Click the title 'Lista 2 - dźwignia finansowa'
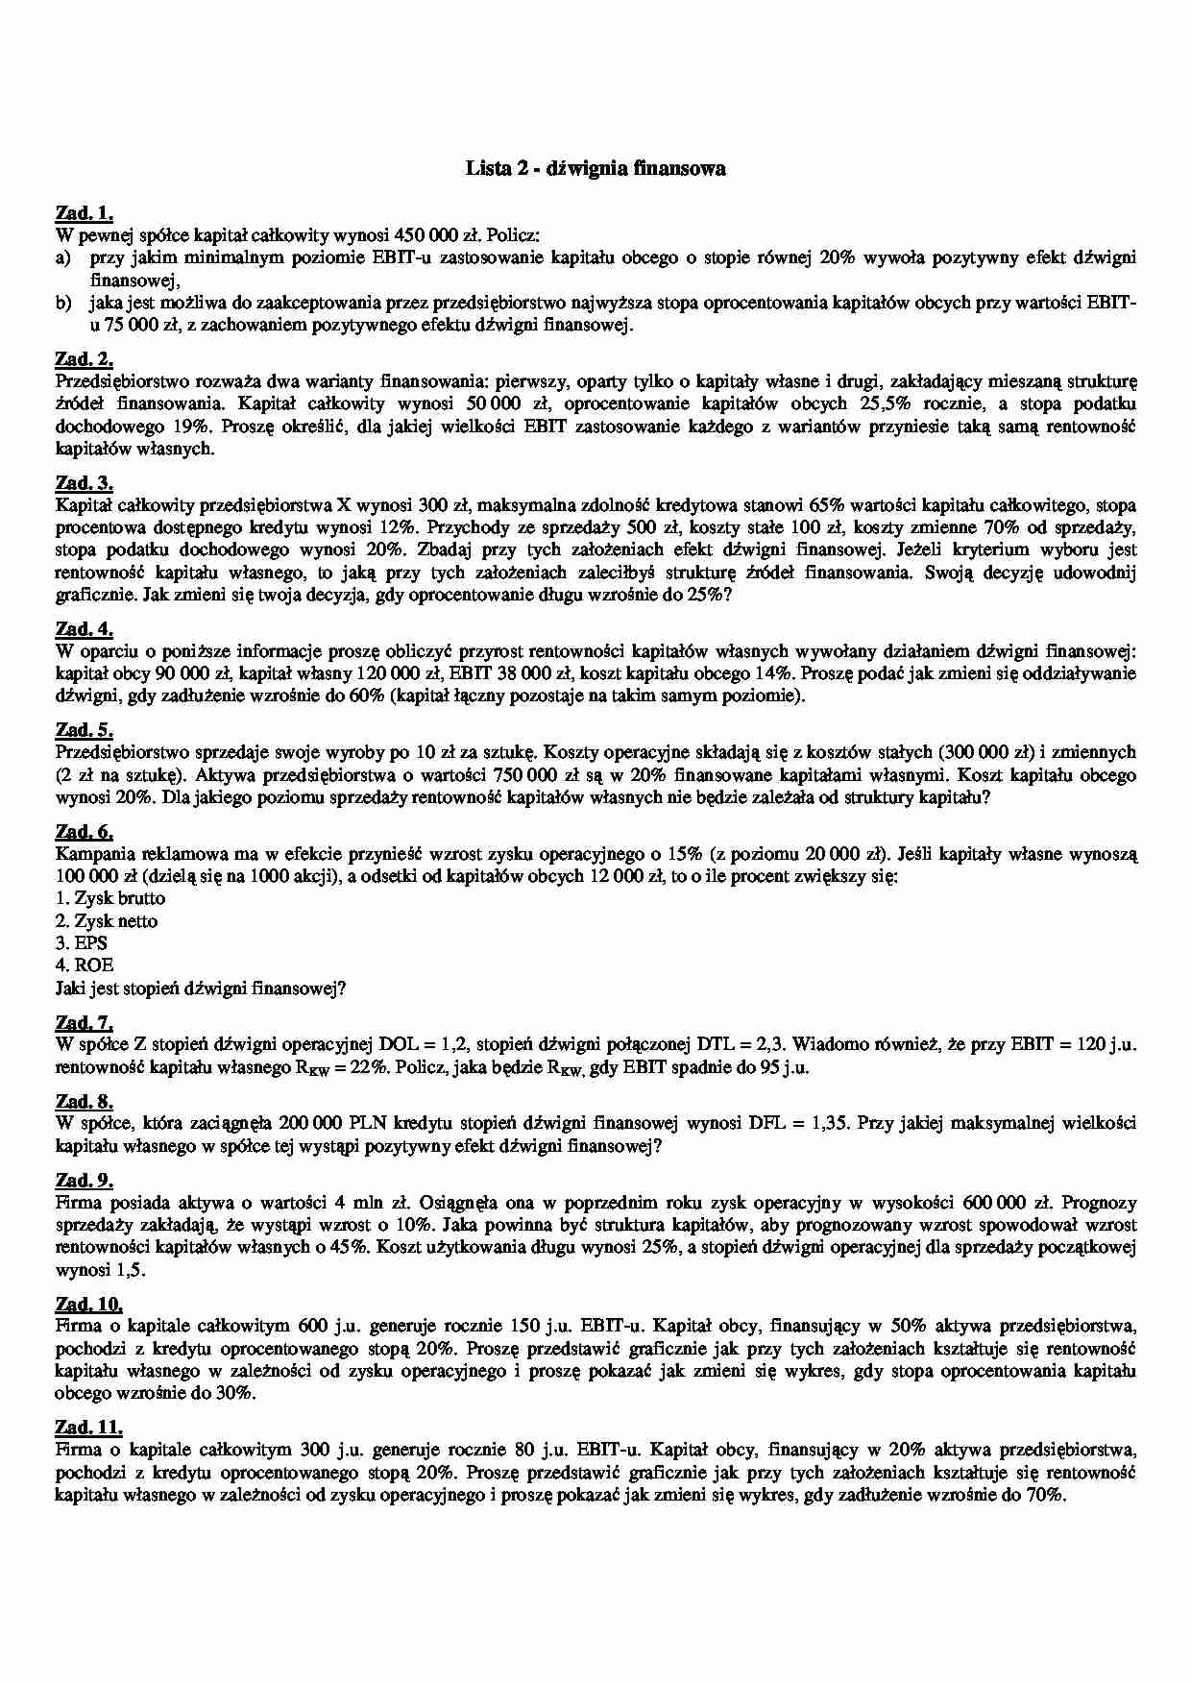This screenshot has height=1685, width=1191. pyautogui.click(x=595, y=169)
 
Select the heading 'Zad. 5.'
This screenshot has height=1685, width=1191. pyautogui.click(x=85, y=730)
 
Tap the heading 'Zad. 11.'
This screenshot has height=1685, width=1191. pyautogui.click(x=89, y=1428)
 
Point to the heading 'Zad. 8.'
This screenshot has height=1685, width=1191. pyautogui.click(x=85, y=1101)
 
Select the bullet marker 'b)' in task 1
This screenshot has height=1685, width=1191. pyautogui.click(x=63, y=303)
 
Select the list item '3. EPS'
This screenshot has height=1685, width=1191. pyautogui.click(x=82, y=943)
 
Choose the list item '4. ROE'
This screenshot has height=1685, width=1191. pyautogui.click(x=84, y=965)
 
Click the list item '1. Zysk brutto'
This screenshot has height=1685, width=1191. pyautogui.click(x=110, y=898)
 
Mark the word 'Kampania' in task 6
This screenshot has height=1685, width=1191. pyautogui.click(x=95, y=854)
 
